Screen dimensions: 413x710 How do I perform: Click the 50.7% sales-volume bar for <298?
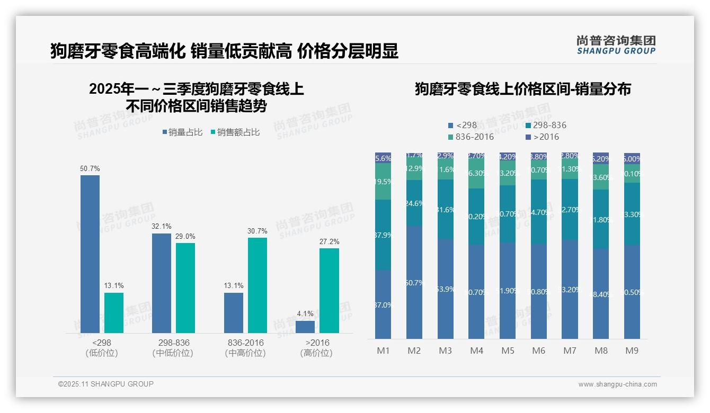90,254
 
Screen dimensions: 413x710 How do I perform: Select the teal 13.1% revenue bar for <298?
114,313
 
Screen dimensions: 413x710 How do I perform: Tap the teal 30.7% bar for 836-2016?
258,285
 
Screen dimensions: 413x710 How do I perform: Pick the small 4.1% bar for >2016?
305,327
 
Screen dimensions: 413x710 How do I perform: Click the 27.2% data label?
329,242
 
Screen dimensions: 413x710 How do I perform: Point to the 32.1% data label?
162,226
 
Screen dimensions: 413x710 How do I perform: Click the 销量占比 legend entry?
182,132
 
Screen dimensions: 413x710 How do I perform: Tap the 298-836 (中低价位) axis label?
173,348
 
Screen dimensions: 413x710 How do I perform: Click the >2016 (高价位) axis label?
317,348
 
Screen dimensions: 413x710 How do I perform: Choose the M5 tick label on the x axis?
508,351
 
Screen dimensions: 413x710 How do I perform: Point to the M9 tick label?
632,351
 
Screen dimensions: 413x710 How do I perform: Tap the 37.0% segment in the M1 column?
383,304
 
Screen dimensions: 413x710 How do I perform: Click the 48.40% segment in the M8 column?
601,294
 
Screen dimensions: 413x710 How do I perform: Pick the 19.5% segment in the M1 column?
383,182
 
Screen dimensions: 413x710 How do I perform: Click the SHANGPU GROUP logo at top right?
616,45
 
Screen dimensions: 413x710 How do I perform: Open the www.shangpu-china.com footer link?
617,384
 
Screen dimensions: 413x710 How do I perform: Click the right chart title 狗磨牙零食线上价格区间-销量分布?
522,89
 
